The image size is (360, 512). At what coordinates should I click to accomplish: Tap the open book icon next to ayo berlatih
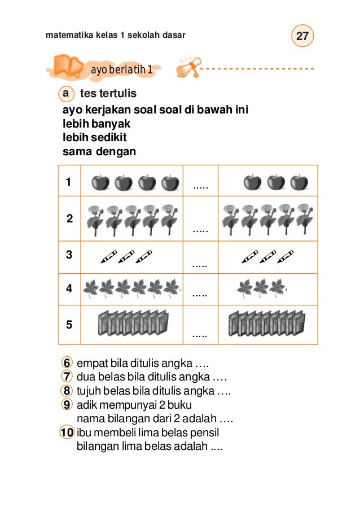tap(67, 66)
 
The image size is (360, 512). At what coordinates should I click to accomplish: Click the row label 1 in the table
tap(68, 182)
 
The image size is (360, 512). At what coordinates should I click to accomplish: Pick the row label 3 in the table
tap(69, 255)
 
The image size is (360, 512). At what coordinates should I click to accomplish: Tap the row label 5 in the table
tap(69, 325)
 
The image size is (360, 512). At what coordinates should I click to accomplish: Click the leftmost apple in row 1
tap(100, 183)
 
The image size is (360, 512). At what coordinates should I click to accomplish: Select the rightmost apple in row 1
tap(299, 183)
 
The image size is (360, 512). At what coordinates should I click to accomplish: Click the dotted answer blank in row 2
tap(200, 230)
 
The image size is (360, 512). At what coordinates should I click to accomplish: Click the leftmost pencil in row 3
tap(108, 257)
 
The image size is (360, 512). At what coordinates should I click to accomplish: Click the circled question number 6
tap(67, 362)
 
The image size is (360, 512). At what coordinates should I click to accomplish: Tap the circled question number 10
tap(66, 433)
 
